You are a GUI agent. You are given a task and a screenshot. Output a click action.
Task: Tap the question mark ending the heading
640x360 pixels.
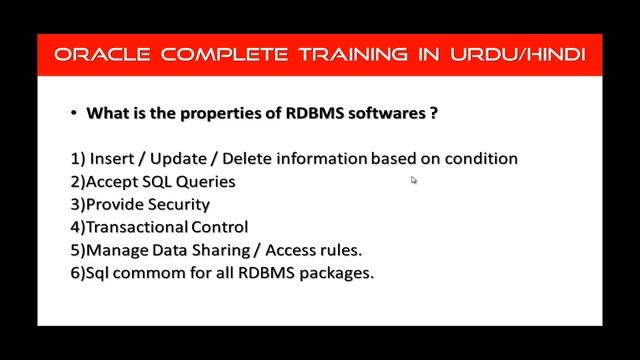tap(433, 114)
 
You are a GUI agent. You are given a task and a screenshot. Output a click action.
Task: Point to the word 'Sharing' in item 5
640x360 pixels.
tap(227, 250)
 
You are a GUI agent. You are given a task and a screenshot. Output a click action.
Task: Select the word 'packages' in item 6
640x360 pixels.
tap(338, 273)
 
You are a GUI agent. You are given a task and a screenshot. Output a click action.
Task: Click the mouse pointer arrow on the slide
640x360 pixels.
tap(413, 180)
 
